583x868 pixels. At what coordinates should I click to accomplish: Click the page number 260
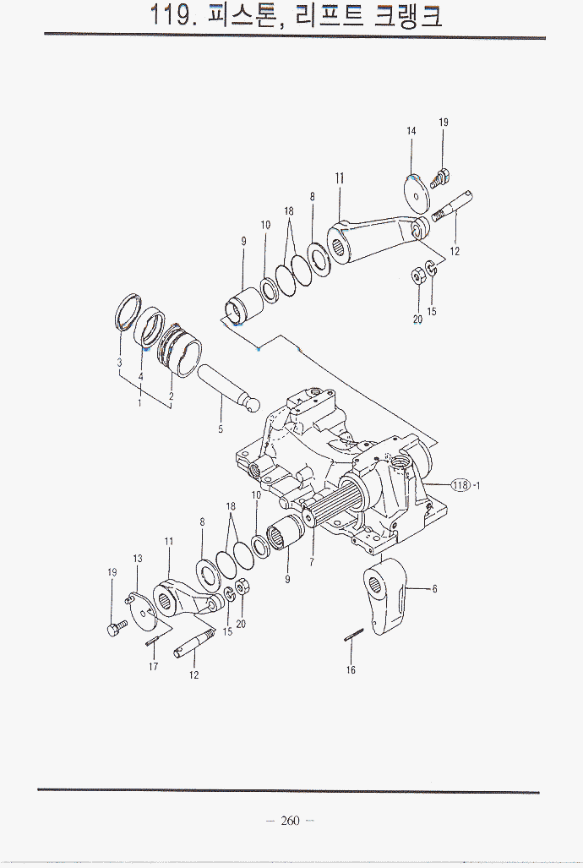click(x=290, y=821)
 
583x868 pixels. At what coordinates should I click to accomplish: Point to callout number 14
click(x=411, y=131)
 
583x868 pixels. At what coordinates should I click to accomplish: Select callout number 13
click(x=138, y=559)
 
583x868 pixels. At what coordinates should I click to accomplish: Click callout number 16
click(x=351, y=670)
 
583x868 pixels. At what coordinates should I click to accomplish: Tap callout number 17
click(x=154, y=667)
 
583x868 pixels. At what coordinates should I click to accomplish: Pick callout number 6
click(x=434, y=589)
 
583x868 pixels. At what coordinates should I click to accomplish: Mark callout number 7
click(x=312, y=562)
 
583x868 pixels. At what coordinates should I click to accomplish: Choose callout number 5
click(x=221, y=429)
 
